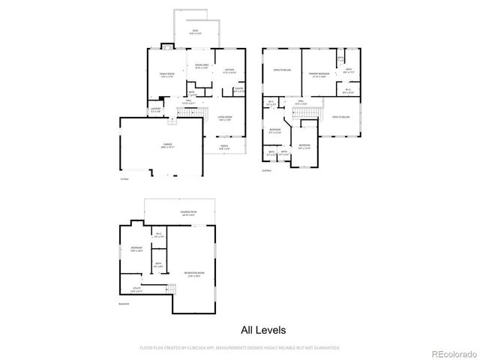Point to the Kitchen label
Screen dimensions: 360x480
click(229, 71)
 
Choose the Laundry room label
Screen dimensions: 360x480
click(155, 109)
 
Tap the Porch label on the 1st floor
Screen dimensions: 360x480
click(226, 147)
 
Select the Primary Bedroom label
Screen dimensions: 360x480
click(319, 74)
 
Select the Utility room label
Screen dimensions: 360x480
click(136, 290)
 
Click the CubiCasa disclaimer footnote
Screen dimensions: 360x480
click(240, 347)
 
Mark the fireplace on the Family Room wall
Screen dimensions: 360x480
click(169, 48)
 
